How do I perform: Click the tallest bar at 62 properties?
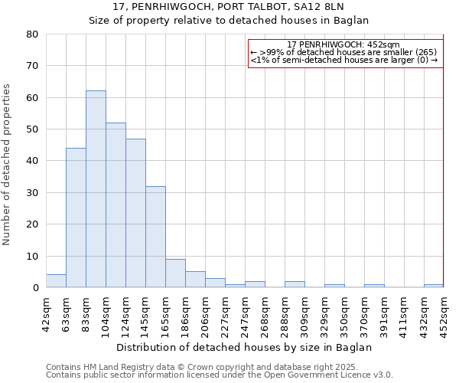point(96,189)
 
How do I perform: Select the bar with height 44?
point(76,218)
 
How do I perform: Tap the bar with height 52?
point(116,205)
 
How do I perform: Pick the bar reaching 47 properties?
point(135,213)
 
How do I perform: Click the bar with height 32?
point(155,237)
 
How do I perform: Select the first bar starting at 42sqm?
point(56,281)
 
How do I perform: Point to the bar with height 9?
point(175,273)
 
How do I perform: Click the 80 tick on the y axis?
point(31,34)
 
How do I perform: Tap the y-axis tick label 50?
point(31,129)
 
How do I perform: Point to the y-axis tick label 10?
point(31,256)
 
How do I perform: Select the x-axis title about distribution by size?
point(245,347)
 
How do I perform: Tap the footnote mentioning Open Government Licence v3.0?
point(219,375)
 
